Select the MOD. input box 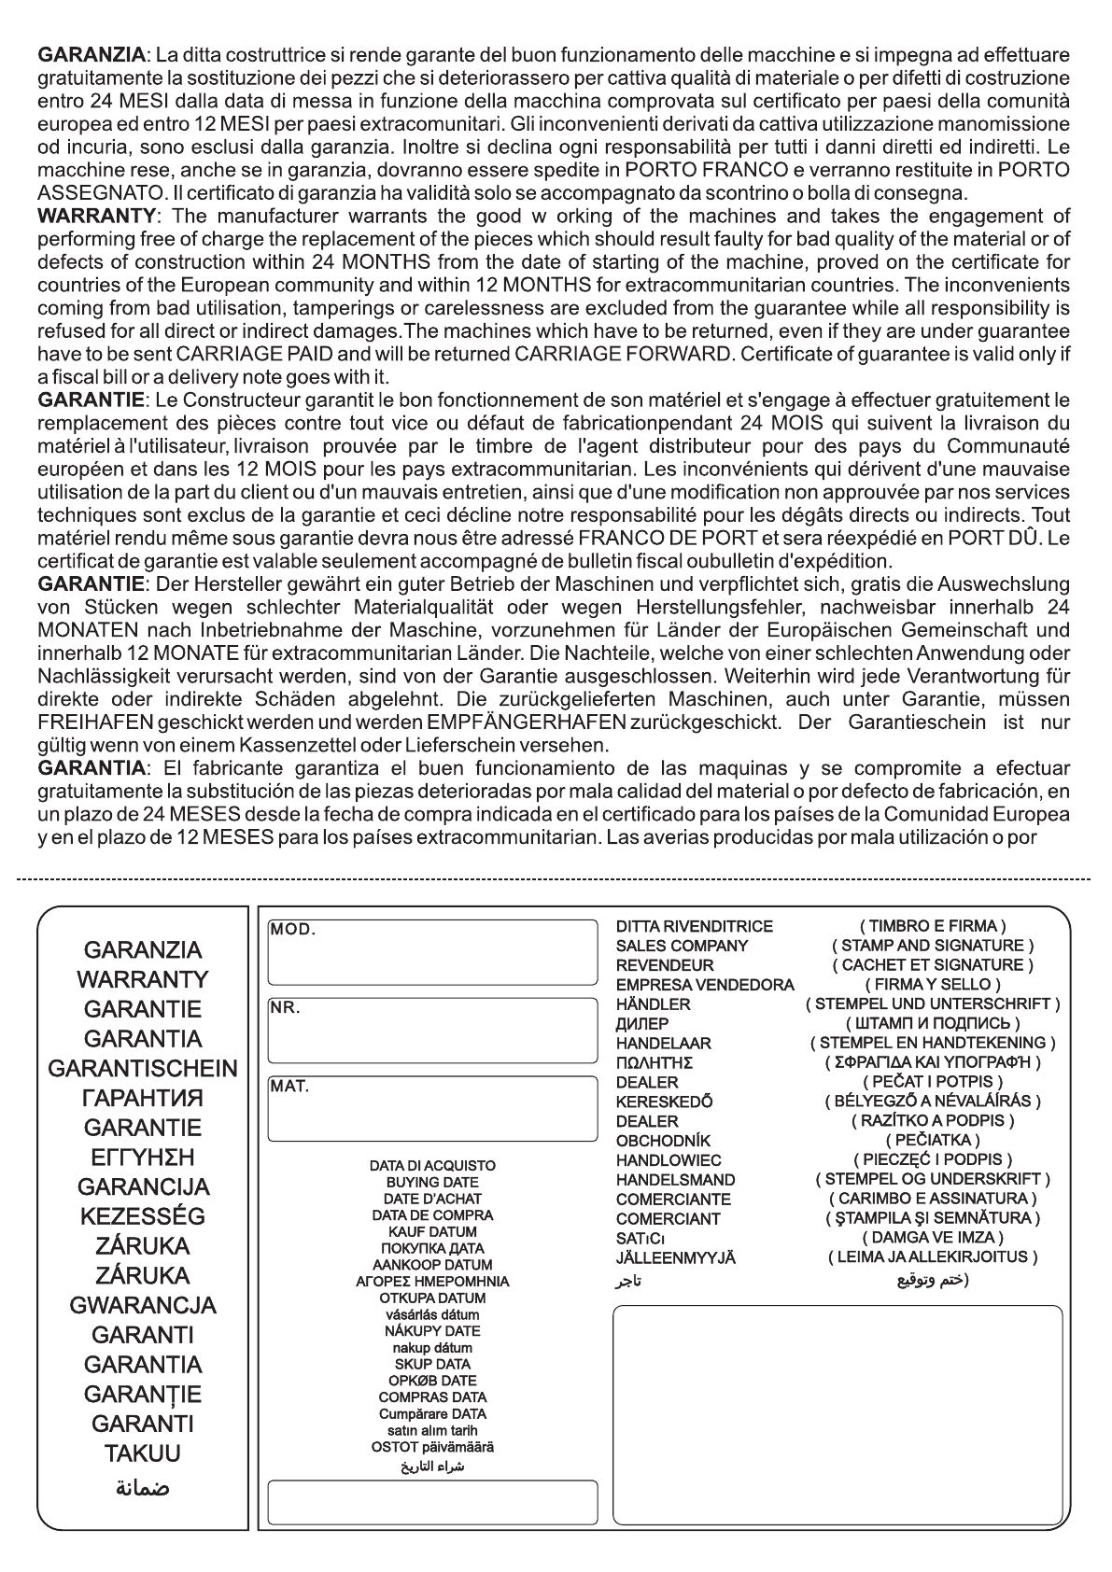[432, 952]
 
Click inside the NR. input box [432, 1031]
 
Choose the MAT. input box [432, 1109]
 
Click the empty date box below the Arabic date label [432, 1501]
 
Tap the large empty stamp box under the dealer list [837, 1414]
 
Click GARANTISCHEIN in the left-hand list [143, 1069]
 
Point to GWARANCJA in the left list [143, 1306]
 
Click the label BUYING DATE [432, 1183]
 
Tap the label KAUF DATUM [432, 1232]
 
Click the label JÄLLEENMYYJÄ [675, 1258]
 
